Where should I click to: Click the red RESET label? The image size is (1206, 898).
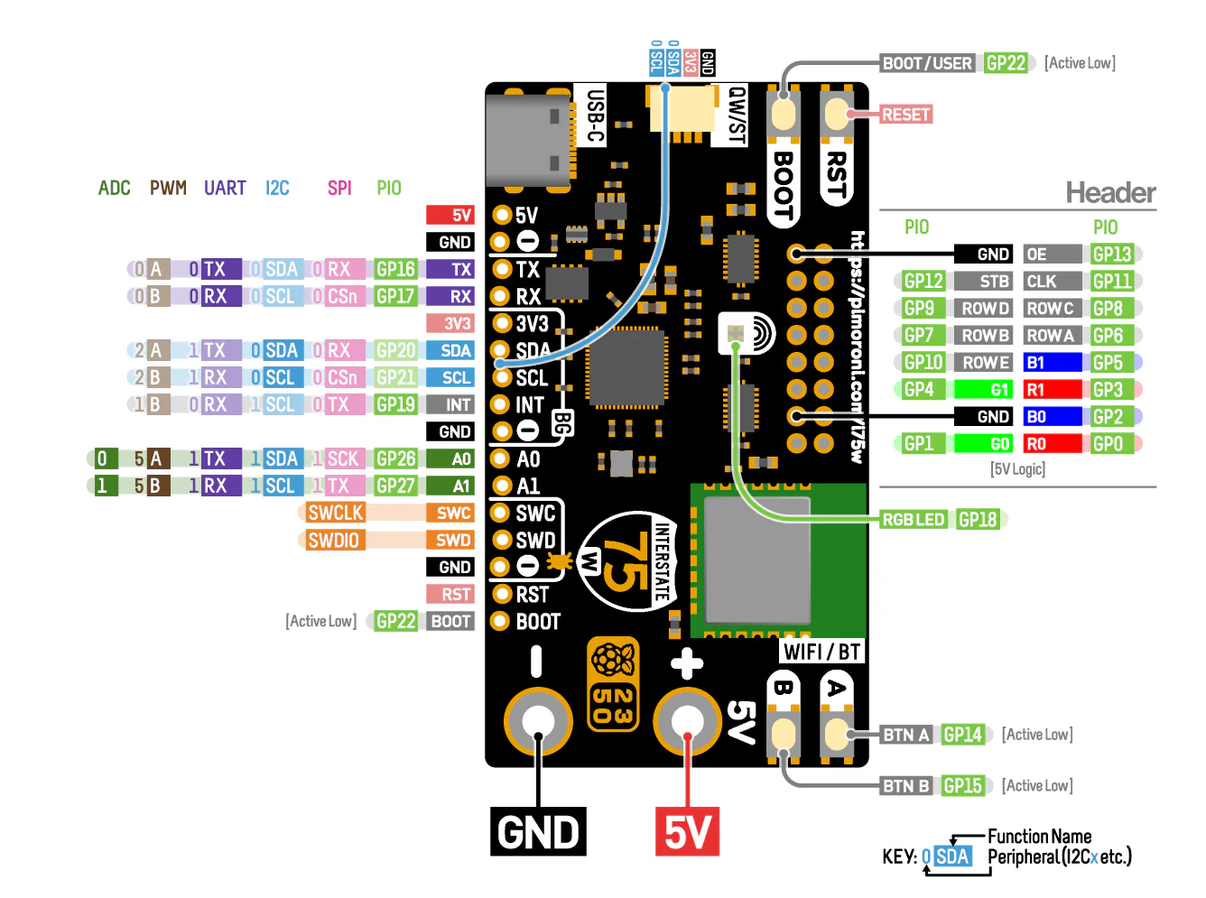click(905, 115)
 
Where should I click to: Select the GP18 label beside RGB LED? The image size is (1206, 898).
click(978, 520)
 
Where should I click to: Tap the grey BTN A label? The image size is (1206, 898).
click(905, 735)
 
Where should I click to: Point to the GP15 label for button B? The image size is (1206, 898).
click(962, 786)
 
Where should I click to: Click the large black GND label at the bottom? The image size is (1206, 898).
click(538, 832)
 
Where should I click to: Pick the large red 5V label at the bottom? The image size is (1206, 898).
click(687, 832)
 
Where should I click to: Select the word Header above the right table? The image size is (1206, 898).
click(1109, 192)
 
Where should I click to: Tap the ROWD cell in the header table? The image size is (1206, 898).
click(985, 309)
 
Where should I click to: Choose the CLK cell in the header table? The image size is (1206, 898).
click(1052, 282)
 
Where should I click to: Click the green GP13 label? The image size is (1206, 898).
click(1111, 255)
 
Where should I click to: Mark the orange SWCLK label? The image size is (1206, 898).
click(335, 514)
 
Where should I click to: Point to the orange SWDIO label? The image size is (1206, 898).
click(333, 541)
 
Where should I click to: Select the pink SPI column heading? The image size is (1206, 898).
click(339, 188)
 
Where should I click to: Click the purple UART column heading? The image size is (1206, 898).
click(225, 188)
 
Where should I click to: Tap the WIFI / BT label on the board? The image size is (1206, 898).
click(821, 652)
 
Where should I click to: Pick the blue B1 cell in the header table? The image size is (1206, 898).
click(1052, 363)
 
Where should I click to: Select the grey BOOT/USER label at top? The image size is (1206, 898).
click(927, 63)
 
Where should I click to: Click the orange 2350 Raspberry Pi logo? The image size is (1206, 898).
click(613, 683)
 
